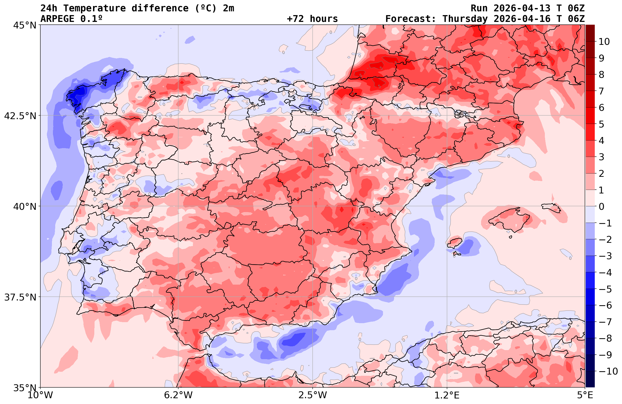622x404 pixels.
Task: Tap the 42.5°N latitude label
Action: pos(20,116)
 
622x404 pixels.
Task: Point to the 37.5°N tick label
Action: pos(20,297)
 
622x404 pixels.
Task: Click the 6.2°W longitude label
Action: pos(178,395)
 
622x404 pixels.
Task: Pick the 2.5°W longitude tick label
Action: pos(313,395)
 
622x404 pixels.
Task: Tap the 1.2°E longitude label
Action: pos(447,395)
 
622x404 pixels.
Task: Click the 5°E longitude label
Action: pos(585,395)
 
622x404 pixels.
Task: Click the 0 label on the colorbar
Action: pos(601,207)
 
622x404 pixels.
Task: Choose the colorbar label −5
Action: pos(605,289)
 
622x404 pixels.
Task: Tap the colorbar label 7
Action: pos(601,91)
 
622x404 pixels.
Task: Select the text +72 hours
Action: pos(312,19)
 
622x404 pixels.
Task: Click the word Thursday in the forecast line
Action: pos(465,19)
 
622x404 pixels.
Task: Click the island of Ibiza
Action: pos(455,243)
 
